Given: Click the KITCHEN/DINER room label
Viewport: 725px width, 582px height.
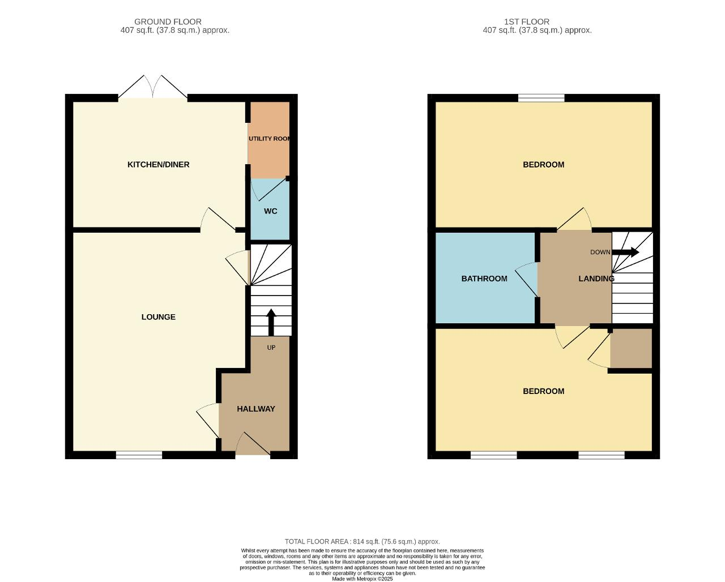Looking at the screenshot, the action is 159,164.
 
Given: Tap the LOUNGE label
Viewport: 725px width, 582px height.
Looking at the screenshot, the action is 159,317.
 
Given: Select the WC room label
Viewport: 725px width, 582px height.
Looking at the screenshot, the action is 271,211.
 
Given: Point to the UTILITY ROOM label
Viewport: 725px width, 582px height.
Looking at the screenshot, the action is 269,139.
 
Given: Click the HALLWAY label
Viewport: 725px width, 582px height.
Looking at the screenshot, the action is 256,409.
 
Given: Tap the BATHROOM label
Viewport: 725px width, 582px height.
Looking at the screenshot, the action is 484,279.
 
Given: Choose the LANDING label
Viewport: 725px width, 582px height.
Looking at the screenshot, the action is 596,279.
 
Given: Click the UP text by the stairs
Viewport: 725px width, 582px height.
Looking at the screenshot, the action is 271,347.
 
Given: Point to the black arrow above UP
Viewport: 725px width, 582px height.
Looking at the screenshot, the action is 271,322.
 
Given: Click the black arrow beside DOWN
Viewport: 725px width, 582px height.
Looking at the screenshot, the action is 625,252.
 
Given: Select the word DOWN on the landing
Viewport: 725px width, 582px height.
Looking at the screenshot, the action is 600,252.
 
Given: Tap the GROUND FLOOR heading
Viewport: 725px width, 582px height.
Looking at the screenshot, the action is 168,22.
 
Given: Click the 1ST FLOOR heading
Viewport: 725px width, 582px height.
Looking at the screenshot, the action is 527,22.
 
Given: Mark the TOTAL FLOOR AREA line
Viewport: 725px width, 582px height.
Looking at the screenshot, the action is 362,542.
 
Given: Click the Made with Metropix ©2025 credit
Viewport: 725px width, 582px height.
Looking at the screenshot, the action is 362,579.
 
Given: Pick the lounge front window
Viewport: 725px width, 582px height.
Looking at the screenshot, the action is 139,455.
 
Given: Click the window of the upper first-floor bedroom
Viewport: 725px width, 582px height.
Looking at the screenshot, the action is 541,98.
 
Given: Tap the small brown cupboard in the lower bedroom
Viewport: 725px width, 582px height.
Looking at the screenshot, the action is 631,348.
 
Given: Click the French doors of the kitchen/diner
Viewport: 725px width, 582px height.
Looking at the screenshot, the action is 152,87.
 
